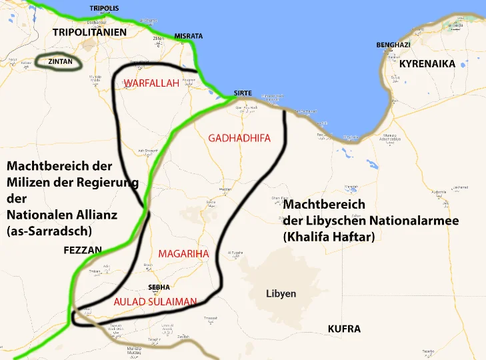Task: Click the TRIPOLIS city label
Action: coord(104,9)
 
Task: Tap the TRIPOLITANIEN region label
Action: coord(89,32)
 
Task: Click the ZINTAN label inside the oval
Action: coord(60,62)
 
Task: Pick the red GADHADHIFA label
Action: coord(239,138)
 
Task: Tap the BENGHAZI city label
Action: coord(393,45)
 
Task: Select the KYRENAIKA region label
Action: coord(427,64)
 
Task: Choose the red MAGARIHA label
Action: coord(184,253)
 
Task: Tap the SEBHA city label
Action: coord(159,287)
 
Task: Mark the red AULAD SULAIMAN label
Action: coord(155,302)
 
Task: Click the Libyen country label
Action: coord(281,293)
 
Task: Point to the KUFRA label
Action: coord(344,329)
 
